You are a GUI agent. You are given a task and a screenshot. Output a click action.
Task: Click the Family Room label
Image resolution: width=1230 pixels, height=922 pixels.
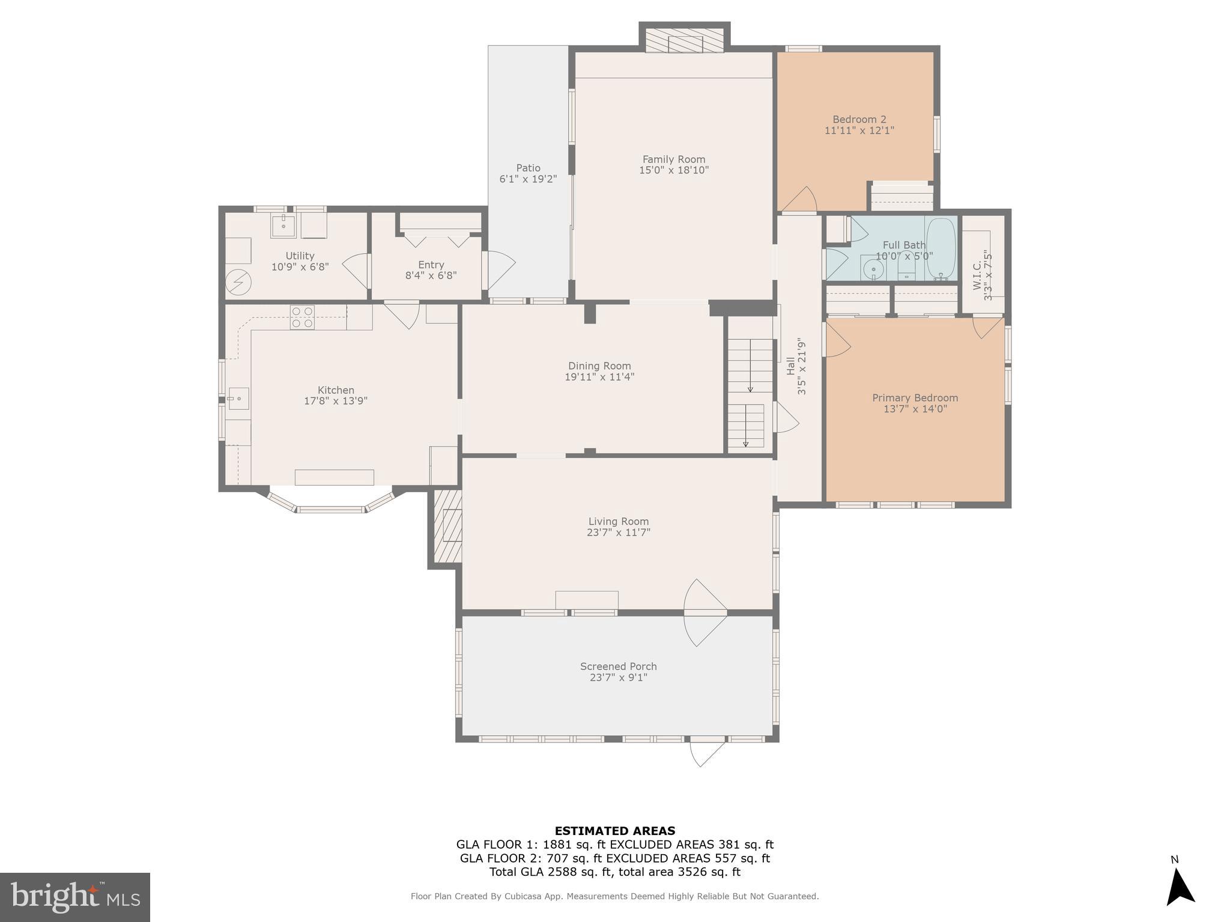[673, 159]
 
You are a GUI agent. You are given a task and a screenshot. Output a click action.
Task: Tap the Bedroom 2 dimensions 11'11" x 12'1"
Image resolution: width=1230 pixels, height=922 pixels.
[859, 130]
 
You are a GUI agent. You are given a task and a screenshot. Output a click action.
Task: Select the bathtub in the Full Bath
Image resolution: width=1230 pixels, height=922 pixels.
[941, 249]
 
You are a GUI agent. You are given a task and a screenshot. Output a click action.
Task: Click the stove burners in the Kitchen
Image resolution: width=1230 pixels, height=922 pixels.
[302, 317]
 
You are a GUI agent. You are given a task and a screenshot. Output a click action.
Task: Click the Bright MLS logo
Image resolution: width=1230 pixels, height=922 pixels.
[75, 897]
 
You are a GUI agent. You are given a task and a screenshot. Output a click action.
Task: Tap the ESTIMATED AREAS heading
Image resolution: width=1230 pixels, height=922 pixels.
[614, 831]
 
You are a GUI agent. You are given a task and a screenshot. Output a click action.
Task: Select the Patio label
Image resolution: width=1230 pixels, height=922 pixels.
[528, 168]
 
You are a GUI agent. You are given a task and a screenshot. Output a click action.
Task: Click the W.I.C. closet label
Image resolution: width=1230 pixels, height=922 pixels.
[977, 274]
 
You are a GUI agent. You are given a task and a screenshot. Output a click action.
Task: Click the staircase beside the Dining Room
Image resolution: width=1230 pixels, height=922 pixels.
[750, 393]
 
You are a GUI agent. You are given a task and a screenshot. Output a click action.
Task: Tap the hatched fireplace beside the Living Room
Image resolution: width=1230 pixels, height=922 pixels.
[447, 526]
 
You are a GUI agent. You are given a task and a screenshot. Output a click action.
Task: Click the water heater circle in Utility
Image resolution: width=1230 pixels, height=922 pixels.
[238, 282]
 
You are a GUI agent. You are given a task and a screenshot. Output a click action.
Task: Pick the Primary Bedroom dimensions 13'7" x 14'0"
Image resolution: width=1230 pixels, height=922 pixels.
[915, 409]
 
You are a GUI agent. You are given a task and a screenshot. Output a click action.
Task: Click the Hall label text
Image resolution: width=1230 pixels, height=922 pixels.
[790, 366]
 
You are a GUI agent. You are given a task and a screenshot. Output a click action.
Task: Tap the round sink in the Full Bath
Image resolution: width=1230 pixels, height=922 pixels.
[873, 270]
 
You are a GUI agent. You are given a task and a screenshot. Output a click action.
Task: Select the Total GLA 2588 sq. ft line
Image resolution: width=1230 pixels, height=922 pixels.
[614, 872]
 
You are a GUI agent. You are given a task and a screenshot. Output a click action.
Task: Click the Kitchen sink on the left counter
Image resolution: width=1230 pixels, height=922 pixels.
[238, 398]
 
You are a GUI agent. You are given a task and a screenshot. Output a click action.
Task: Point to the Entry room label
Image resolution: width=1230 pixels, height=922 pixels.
[431, 265]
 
